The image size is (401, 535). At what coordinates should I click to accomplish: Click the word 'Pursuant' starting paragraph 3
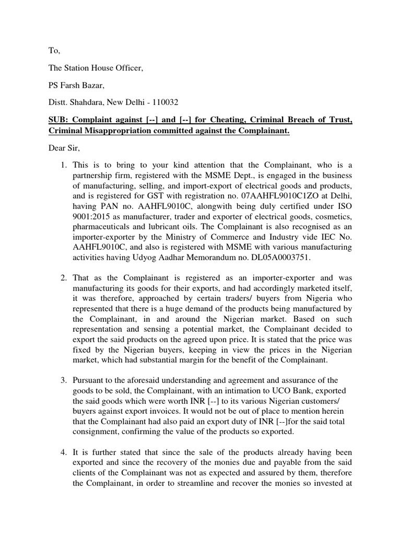88,380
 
